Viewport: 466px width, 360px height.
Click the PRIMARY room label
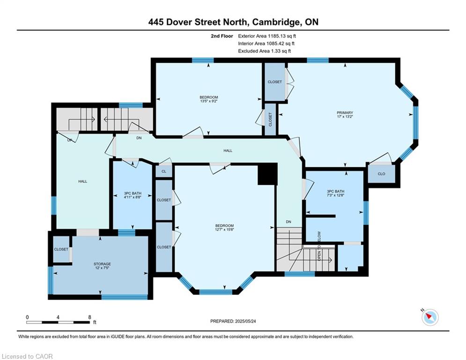click(345, 113)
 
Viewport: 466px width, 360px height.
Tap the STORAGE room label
click(102, 264)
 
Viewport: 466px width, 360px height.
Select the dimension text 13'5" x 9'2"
click(208, 101)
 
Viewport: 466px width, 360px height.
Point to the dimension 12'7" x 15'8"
click(224, 229)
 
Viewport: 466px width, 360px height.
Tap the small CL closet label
click(164, 172)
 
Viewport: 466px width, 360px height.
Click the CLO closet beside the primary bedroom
click(381, 174)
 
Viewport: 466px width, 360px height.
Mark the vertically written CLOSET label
click(270, 120)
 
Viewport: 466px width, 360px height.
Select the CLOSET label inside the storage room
click(61, 249)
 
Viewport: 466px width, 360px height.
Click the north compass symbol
click(430, 317)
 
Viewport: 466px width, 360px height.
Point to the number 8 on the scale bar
click(89, 317)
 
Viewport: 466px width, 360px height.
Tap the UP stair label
click(69, 140)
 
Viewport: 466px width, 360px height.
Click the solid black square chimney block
click(267, 174)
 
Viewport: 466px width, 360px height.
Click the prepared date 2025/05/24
click(245, 321)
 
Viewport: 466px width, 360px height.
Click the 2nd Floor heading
click(222, 36)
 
